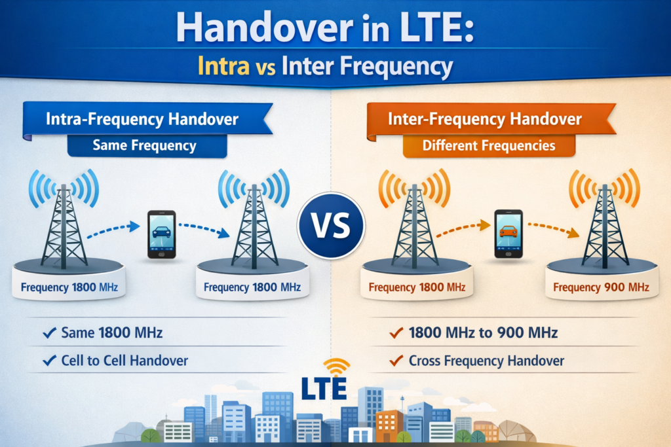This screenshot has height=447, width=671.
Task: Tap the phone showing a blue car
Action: (161, 234)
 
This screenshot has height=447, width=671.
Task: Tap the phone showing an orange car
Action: (508, 234)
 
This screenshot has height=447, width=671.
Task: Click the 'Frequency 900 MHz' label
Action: (601, 287)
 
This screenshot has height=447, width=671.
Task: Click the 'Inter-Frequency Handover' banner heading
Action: (484, 120)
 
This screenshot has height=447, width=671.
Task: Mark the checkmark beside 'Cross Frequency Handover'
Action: (395, 361)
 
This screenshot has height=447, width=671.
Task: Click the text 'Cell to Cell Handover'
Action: (125, 361)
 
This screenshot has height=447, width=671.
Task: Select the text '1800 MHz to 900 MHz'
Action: (482, 333)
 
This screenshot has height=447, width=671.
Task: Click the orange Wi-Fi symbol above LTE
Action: (337, 367)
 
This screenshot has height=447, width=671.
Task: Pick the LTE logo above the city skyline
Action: (324, 388)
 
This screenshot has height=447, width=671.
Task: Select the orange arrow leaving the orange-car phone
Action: (553, 230)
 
